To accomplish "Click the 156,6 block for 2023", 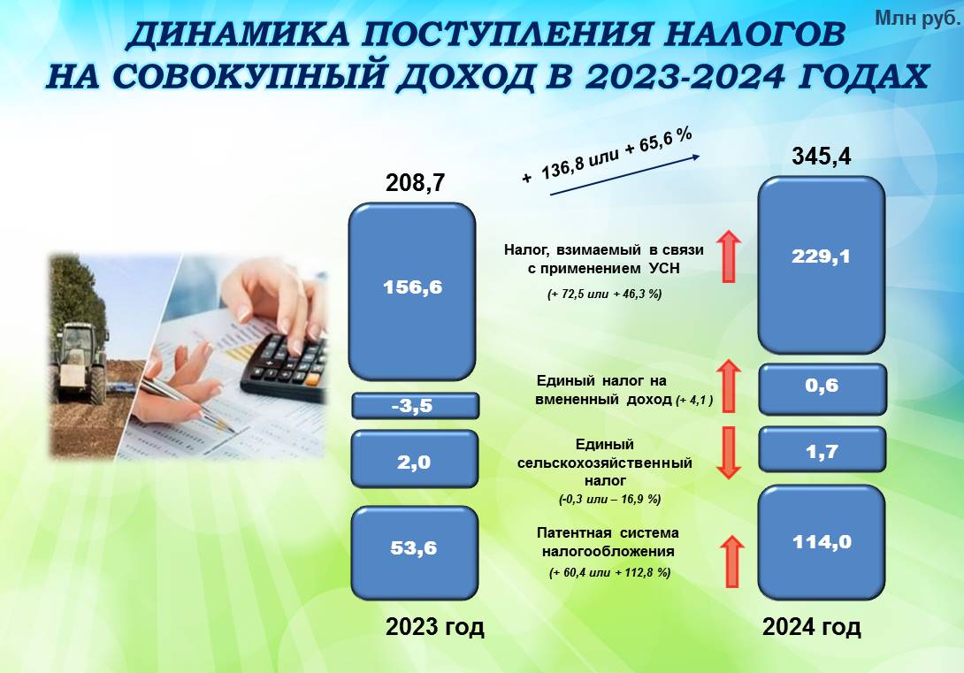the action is (412, 291).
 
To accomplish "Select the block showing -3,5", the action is (415, 406).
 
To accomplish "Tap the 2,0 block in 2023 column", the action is (415, 459).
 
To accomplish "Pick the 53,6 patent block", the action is (415, 553).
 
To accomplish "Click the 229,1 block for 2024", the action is (822, 265).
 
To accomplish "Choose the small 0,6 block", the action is (822, 389).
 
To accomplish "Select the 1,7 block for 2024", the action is (822, 449).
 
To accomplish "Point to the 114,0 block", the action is (822, 542).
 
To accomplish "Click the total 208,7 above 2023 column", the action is (415, 182).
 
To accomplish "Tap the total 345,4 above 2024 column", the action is (822, 157).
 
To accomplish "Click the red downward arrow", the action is (729, 453).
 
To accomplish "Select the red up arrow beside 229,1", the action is (729, 256).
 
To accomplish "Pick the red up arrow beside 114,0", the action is (731, 562).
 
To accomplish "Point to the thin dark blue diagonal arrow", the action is (624, 175).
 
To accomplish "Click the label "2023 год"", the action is (434, 627).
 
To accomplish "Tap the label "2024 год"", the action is (812, 627).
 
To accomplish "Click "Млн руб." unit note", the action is (916, 19).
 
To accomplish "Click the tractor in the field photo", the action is (81, 363).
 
